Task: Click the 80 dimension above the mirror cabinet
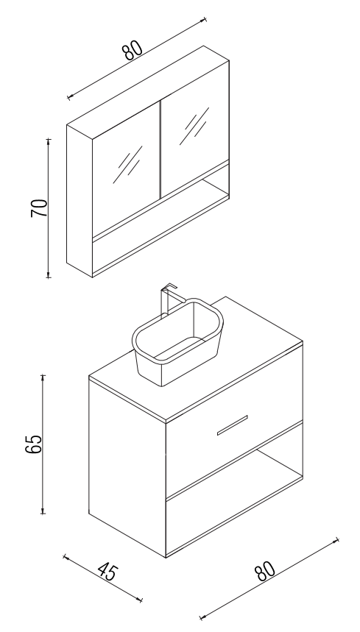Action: [133, 50]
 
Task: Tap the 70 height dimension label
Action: [39, 208]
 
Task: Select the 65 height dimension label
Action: [33, 444]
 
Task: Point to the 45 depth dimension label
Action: [107, 572]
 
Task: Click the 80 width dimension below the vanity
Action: [265, 570]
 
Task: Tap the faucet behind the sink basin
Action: [167, 300]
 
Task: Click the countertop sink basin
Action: [177, 342]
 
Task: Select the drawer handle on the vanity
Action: [232, 425]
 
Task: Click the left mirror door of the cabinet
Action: [126, 169]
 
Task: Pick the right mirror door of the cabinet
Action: [194, 129]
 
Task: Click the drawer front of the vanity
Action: [234, 421]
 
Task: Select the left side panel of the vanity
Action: [127, 466]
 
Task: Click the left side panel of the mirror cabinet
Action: [80, 201]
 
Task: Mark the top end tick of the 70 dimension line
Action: [49, 140]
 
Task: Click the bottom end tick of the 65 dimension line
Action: [43, 514]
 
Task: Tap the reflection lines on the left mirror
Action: [128, 164]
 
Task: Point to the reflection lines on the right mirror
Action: [194, 126]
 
